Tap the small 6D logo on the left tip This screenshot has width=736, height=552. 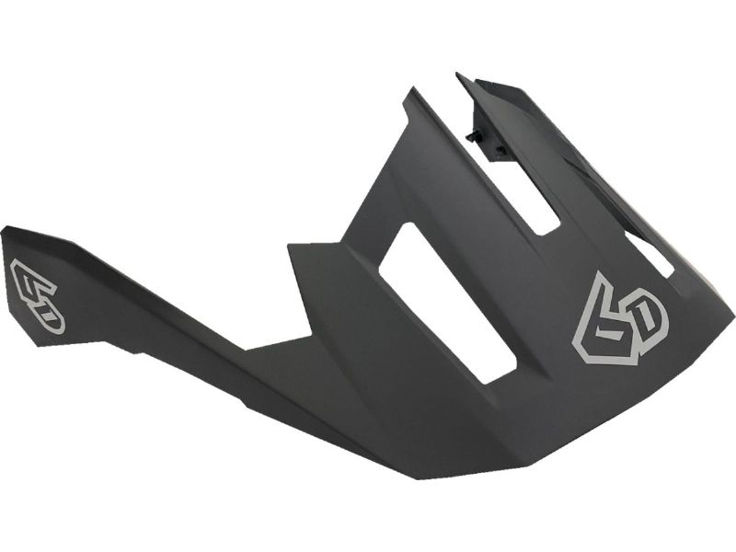(x=38, y=295)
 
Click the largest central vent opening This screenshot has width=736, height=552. (x=447, y=303)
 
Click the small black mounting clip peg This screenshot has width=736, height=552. (x=475, y=135)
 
